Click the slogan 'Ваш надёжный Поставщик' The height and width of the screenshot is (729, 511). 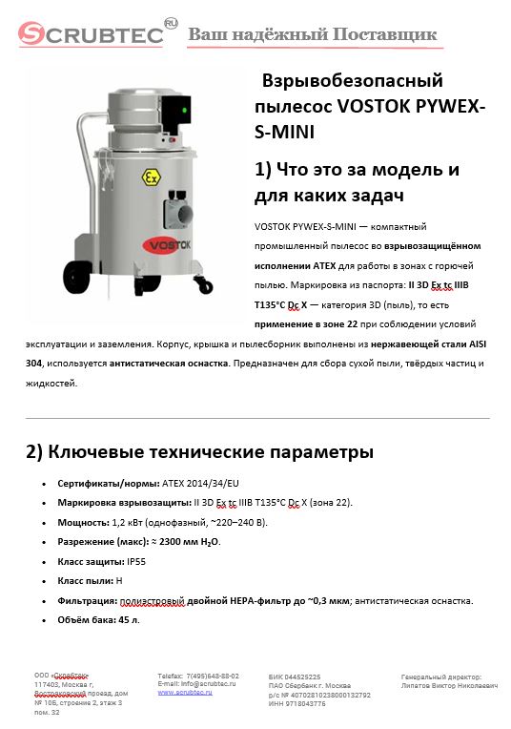[312, 35]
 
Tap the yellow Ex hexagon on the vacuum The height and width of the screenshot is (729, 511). [151, 178]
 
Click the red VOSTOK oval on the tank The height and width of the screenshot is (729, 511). [177, 244]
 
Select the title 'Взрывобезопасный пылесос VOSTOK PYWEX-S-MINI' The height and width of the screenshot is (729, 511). [370, 105]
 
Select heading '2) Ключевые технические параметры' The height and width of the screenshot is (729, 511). [199, 451]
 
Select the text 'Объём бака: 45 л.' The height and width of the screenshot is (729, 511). [99, 619]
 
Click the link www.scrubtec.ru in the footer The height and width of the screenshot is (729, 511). [185, 692]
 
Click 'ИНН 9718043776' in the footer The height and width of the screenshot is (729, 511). [297, 703]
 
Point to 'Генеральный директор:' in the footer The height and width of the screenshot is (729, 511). [441, 676]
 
